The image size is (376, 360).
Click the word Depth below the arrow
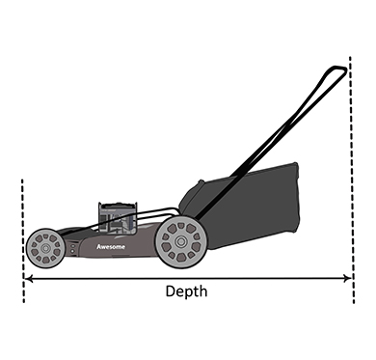coord(186,291)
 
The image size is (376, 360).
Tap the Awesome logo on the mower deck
coord(111,247)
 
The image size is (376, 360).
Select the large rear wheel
coord(181,241)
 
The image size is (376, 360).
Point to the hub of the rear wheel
coord(180,241)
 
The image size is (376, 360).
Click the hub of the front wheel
coord(44,248)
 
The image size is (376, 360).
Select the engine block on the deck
coord(118,218)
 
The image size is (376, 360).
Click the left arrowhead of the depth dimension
coord(28,278)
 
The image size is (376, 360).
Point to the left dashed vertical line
coord(23,240)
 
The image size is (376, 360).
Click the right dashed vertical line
coord(352,180)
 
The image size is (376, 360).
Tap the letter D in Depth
coord(170,291)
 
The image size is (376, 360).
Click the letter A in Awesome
coord(99,247)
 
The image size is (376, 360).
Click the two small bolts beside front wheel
coord(72,248)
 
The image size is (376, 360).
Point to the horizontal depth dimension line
coord(188,278)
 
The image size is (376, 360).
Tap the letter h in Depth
coord(203,291)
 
